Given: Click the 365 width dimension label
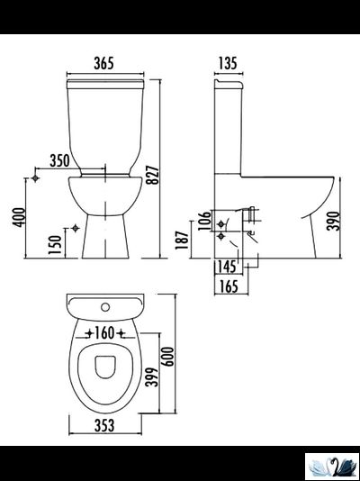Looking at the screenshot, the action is (x=103, y=63).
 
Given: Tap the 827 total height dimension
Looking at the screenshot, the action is (x=153, y=175).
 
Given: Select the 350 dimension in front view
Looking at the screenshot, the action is (x=59, y=160).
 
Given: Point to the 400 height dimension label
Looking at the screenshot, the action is (x=19, y=217).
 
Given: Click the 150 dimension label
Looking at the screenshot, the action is (x=55, y=245).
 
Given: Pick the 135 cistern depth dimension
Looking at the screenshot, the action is (x=228, y=63).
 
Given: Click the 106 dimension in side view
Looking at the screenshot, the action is (x=204, y=221).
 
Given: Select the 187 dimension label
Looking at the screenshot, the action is (x=182, y=240).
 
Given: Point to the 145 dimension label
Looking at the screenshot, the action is (x=227, y=267).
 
